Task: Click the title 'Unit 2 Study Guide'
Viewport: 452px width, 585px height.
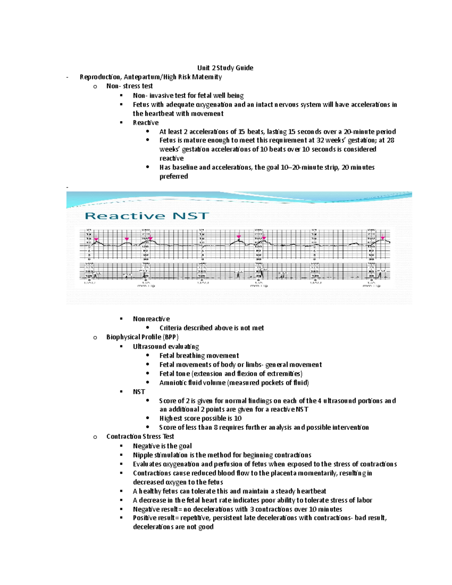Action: tap(225, 68)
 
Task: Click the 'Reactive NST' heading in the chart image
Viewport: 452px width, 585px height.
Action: tap(147, 216)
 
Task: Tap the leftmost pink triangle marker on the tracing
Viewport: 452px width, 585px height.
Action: tap(96, 239)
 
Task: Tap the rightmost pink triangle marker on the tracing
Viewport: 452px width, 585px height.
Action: tap(383, 238)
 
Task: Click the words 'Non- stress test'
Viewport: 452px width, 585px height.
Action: tap(129, 86)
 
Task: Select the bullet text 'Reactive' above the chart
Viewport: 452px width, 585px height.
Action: tap(145, 122)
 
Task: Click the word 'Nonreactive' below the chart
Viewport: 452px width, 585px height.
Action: tap(151, 319)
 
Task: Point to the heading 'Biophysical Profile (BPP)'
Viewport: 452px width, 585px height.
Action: tap(142, 337)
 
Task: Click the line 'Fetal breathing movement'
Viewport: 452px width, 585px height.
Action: tap(199, 355)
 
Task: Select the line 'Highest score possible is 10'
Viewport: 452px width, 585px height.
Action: tap(200, 418)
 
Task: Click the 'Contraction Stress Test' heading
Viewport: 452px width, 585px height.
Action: tap(140, 436)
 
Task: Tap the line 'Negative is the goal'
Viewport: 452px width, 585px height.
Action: tap(162, 446)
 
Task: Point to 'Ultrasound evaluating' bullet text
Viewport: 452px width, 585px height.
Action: tap(166, 346)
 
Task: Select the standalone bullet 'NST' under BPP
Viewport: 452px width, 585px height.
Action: tap(139, 391)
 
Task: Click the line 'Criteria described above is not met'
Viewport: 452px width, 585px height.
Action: tap(211, 328)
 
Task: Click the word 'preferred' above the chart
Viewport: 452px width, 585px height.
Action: tap(173, 176)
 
